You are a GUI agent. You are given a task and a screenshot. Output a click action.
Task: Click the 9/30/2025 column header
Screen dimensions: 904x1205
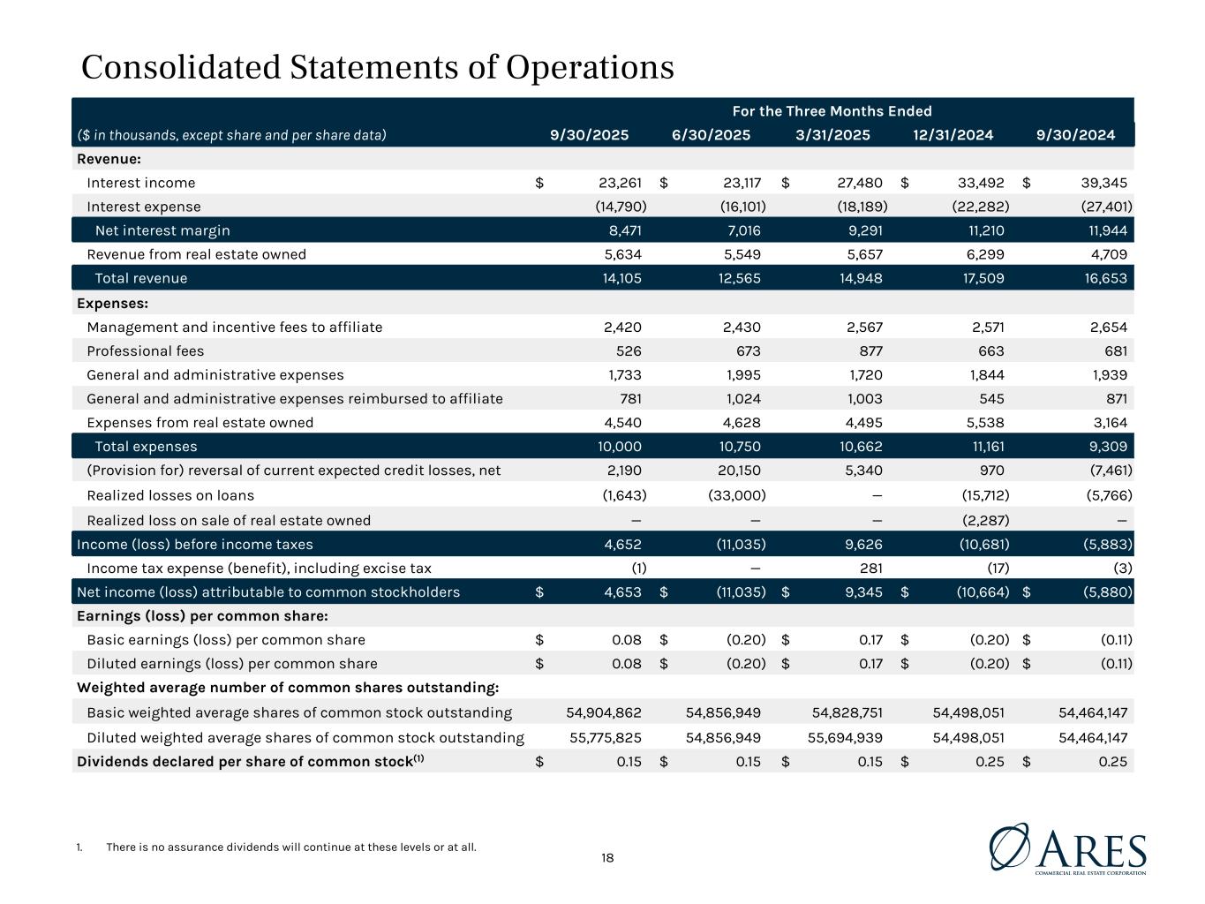[589, 135]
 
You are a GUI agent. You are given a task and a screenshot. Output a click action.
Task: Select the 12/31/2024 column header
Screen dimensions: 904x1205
[953, 135]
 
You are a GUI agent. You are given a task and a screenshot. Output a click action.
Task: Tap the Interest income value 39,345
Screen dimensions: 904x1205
[1103, 183]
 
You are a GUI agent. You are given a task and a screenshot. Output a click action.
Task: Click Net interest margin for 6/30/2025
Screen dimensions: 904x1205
[741, 230]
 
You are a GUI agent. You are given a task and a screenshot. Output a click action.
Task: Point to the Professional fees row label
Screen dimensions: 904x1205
[145, 350]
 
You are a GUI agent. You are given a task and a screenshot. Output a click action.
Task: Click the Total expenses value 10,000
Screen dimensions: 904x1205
[619, 446]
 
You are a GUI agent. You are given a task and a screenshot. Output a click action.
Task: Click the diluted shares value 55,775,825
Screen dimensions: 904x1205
[604, 737]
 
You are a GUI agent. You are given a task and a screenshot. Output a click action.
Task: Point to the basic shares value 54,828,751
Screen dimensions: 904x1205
[847, 712]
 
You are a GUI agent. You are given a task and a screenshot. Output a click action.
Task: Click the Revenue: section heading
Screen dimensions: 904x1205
[109, 159]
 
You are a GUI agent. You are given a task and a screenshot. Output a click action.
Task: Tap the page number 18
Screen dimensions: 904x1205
[607, 857]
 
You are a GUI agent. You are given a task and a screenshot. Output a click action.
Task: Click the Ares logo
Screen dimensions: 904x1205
[1067, 849]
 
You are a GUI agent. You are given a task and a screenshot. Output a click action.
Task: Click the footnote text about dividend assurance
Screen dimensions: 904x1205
[290, 847]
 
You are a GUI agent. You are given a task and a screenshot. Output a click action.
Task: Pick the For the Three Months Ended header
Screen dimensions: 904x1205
[832, 111]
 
